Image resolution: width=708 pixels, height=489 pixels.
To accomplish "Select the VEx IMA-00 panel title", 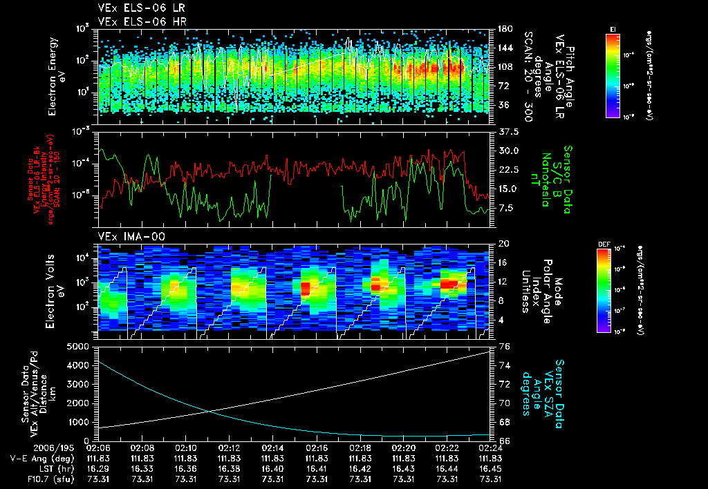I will [127, 236].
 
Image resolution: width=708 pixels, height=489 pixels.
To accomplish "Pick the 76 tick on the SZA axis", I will [503, 347].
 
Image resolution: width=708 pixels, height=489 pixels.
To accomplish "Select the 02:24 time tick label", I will [491, 448].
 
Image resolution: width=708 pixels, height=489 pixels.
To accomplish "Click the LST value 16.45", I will [491, 468].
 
